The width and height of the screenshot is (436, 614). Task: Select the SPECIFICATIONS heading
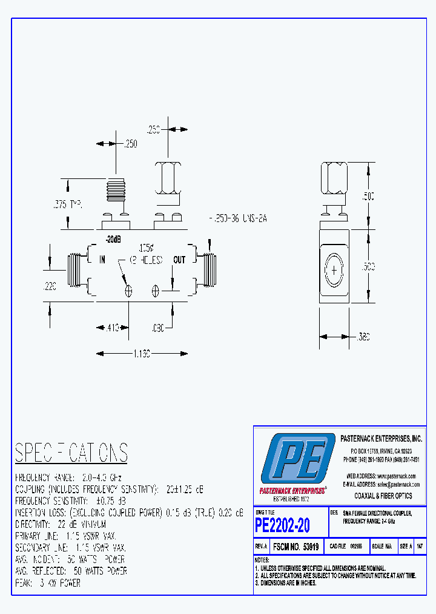tap(71, 453)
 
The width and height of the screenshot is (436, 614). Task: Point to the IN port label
tap(102, 260)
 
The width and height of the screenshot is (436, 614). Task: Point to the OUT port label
tap(179, 260)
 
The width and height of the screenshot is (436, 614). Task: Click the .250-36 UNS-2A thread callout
tap(237, 218)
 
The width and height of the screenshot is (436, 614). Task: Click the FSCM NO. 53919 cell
tap(296, 546)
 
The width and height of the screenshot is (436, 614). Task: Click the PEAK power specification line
tap(47, 582)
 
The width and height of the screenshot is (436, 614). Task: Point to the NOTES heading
tap(262, 559)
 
